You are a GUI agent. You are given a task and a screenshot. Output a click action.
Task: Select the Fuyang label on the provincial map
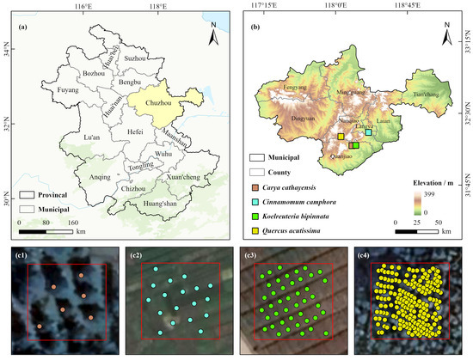click(x=41, y=88)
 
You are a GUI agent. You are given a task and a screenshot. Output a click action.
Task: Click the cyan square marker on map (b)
click(x=369, y=132)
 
